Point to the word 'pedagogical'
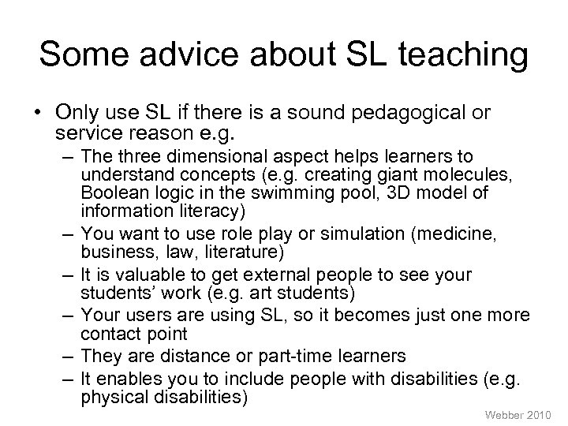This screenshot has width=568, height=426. pos(415,114)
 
